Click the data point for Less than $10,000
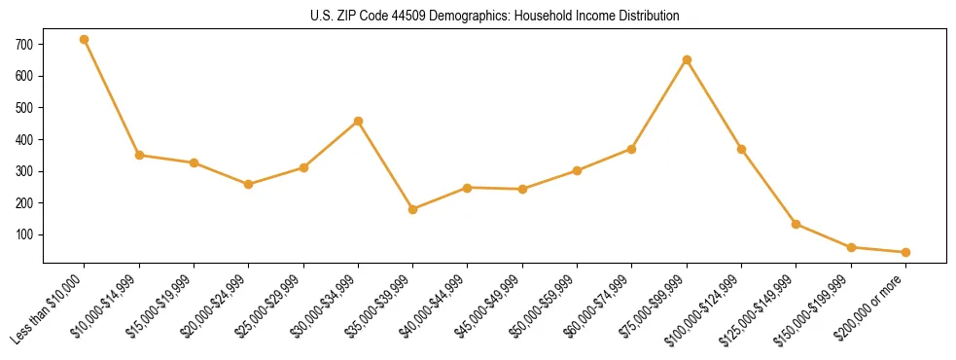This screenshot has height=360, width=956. click(x=85, y=40)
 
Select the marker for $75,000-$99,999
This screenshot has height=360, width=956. click(x=687, y=60)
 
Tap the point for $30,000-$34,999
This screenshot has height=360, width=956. click(x=358, y=122)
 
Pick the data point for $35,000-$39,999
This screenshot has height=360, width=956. click(x=413, y=209)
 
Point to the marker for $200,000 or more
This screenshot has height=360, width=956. click(x=905, y=252)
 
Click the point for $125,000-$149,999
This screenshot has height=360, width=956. click(x=797, y=224)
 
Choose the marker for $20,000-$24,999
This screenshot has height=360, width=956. click(x=249, y=184)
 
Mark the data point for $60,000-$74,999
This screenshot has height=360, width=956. click(x=632, y=149)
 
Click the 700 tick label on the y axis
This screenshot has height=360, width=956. click(x=25, y=45)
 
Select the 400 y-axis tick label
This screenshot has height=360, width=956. click(x=25, y=140)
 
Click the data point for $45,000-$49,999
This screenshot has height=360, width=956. click(x=522, y=189)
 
